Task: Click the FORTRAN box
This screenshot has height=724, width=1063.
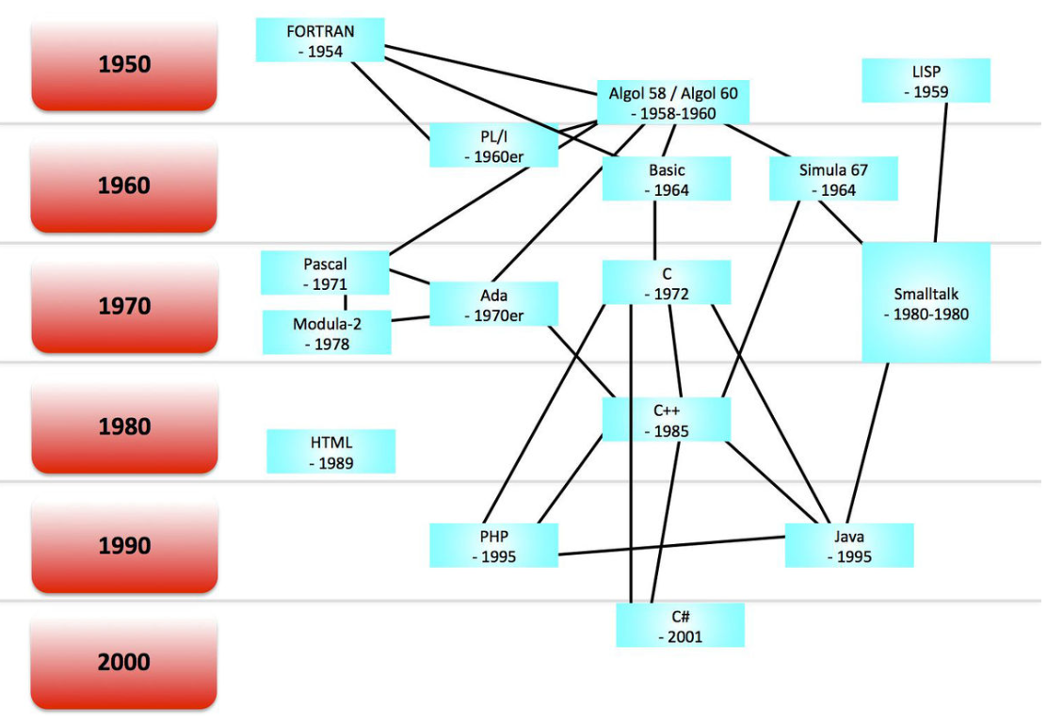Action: (x=320, y=40)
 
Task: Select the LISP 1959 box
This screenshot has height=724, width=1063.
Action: (x=926, y=81)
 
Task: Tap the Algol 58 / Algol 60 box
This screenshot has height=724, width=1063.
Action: (x=673, y=103)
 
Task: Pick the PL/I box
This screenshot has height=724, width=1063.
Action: (x=493, y=146)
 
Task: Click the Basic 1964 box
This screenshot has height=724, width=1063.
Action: (x=667, y=179)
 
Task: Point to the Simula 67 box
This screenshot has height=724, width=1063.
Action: (x=832, y=179)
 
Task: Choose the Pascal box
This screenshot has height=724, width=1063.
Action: (x=325, y=273)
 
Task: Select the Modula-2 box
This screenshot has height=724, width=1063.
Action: (x=327, y=333)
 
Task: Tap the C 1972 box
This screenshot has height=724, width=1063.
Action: (x=667, y=282)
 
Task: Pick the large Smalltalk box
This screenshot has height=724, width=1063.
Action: (x=926, y=302)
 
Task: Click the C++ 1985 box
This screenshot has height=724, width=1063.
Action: (x=667, y=420)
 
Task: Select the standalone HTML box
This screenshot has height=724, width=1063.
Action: (x=330, y=451)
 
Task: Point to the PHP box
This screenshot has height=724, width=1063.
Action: (x=493, y=546)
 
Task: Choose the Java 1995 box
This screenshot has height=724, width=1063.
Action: (x=848, y=546)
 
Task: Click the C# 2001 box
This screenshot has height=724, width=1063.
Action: (x=680, y=626)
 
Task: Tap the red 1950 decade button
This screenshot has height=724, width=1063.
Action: (x=124, y=65)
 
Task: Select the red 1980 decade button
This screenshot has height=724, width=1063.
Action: (x=124, y=426)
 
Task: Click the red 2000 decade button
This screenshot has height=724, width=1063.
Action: (x=124, y=662)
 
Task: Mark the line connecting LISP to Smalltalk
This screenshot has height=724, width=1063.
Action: (x=942, y=172)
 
